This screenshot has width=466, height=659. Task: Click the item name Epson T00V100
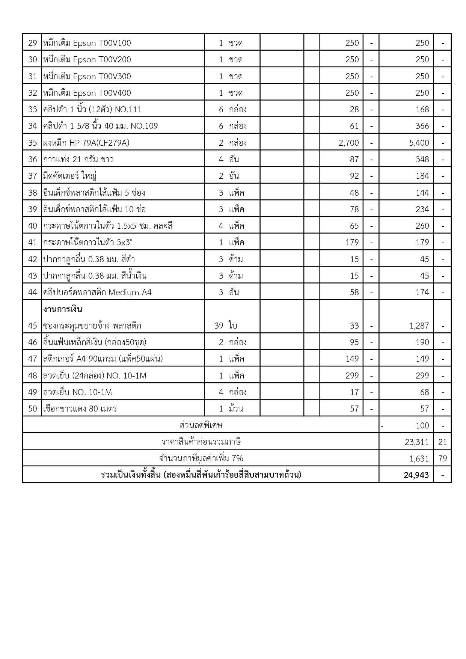coord(87,43)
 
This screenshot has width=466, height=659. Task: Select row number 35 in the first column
coord(33,143)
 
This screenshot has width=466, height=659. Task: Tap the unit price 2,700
coord(348,143)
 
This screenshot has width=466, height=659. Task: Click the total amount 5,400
coord(419,143)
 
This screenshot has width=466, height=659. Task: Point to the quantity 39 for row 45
coord(219,326)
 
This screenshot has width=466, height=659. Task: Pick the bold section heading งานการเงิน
coord(63,309)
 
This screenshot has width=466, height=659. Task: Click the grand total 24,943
coord(416,475)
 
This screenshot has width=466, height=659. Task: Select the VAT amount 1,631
coord(419,458)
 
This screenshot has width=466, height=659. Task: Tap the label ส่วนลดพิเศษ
coord(201,425)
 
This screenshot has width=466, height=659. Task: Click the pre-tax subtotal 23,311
coord(417,442)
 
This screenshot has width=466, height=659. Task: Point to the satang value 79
coord(442,458)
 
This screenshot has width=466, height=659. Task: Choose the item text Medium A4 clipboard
coord(97,292)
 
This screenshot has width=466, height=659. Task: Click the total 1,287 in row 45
coord(419,326)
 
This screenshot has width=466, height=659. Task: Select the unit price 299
coord(352,375)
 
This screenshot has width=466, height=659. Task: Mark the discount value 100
coord(422,425)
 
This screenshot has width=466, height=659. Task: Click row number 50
coord(33,409)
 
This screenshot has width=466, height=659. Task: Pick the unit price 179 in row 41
coord(352,242)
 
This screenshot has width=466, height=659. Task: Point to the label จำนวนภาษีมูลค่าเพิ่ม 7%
coord(201,458)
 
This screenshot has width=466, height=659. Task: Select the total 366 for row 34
coord(422,126)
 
